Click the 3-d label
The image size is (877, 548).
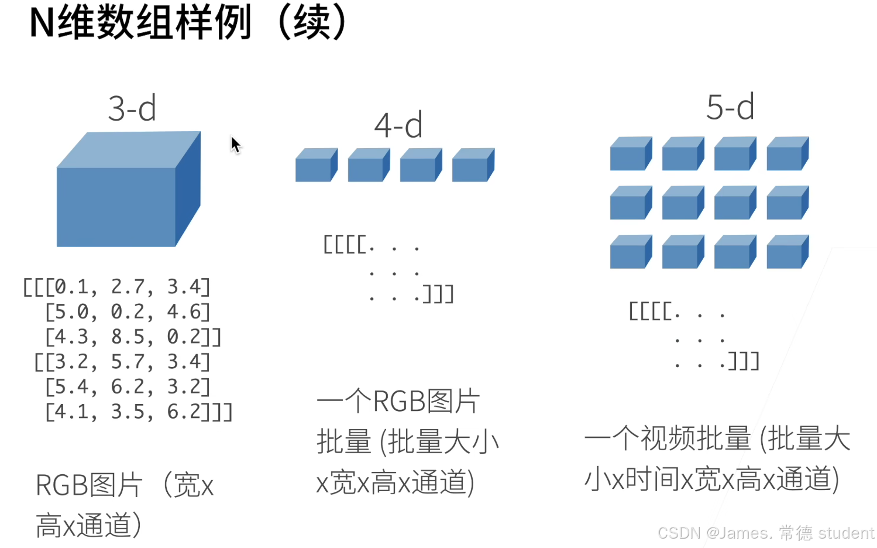[x=132, y=108]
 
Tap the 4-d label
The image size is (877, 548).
[x=398, y=125]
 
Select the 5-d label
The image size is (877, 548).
[x=730, y=107]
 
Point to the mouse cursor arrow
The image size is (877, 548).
[x=235, y=143]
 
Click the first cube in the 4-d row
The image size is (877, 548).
[x=316, y=166]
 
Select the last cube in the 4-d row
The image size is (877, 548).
[x=473, y=166]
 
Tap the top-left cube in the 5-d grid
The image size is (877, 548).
[x=630, y=155]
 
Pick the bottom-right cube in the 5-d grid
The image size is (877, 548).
[x=787, y=253]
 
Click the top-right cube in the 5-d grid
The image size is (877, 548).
[x=787, y=155]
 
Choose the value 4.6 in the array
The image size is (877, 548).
[x=184, y=312]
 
